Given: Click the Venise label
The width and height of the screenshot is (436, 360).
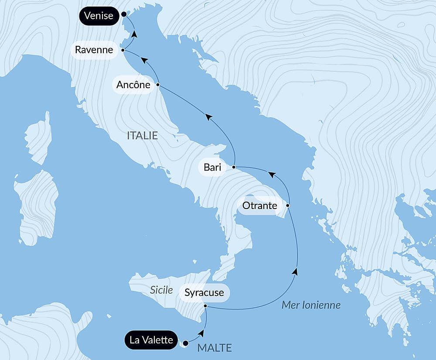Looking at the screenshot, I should (x=99, y=16).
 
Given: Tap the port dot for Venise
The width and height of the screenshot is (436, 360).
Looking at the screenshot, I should (x=124, y=14).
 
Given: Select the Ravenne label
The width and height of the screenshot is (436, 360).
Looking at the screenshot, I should (x=94, y=50).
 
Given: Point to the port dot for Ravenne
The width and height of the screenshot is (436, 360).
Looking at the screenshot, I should (x=123, y=50).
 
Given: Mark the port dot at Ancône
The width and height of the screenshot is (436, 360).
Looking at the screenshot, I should (x=158, y=85).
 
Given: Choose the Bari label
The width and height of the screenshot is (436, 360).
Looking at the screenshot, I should (x=212, y=167).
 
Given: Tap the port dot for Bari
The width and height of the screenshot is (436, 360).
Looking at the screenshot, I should (x=234, y=167).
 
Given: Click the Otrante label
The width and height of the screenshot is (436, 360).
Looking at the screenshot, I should (x=260, y=205).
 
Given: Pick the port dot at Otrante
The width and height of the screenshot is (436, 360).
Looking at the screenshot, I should (x=288, y=205).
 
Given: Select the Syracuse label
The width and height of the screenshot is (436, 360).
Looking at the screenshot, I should (x=204, y=293).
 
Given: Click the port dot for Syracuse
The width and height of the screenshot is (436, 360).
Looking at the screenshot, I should (x=205, y=306).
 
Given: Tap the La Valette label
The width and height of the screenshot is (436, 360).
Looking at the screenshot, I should (x=151, y=340).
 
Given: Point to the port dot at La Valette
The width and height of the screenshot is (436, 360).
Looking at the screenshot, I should (x=185, y=343).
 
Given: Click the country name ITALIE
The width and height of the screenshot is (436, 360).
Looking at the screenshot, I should (x=142, y=136).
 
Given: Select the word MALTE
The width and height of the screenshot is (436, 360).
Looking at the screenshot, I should (x=215, y=348).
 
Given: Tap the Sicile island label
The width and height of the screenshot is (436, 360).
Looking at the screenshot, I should (x=161, y=290).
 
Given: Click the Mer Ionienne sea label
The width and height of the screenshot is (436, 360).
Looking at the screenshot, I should (x=311, y=305).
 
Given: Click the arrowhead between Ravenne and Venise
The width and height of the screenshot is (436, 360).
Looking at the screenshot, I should (x=134, y=34).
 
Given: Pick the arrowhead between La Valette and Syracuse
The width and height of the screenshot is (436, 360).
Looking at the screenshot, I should (x=201, y=333).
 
